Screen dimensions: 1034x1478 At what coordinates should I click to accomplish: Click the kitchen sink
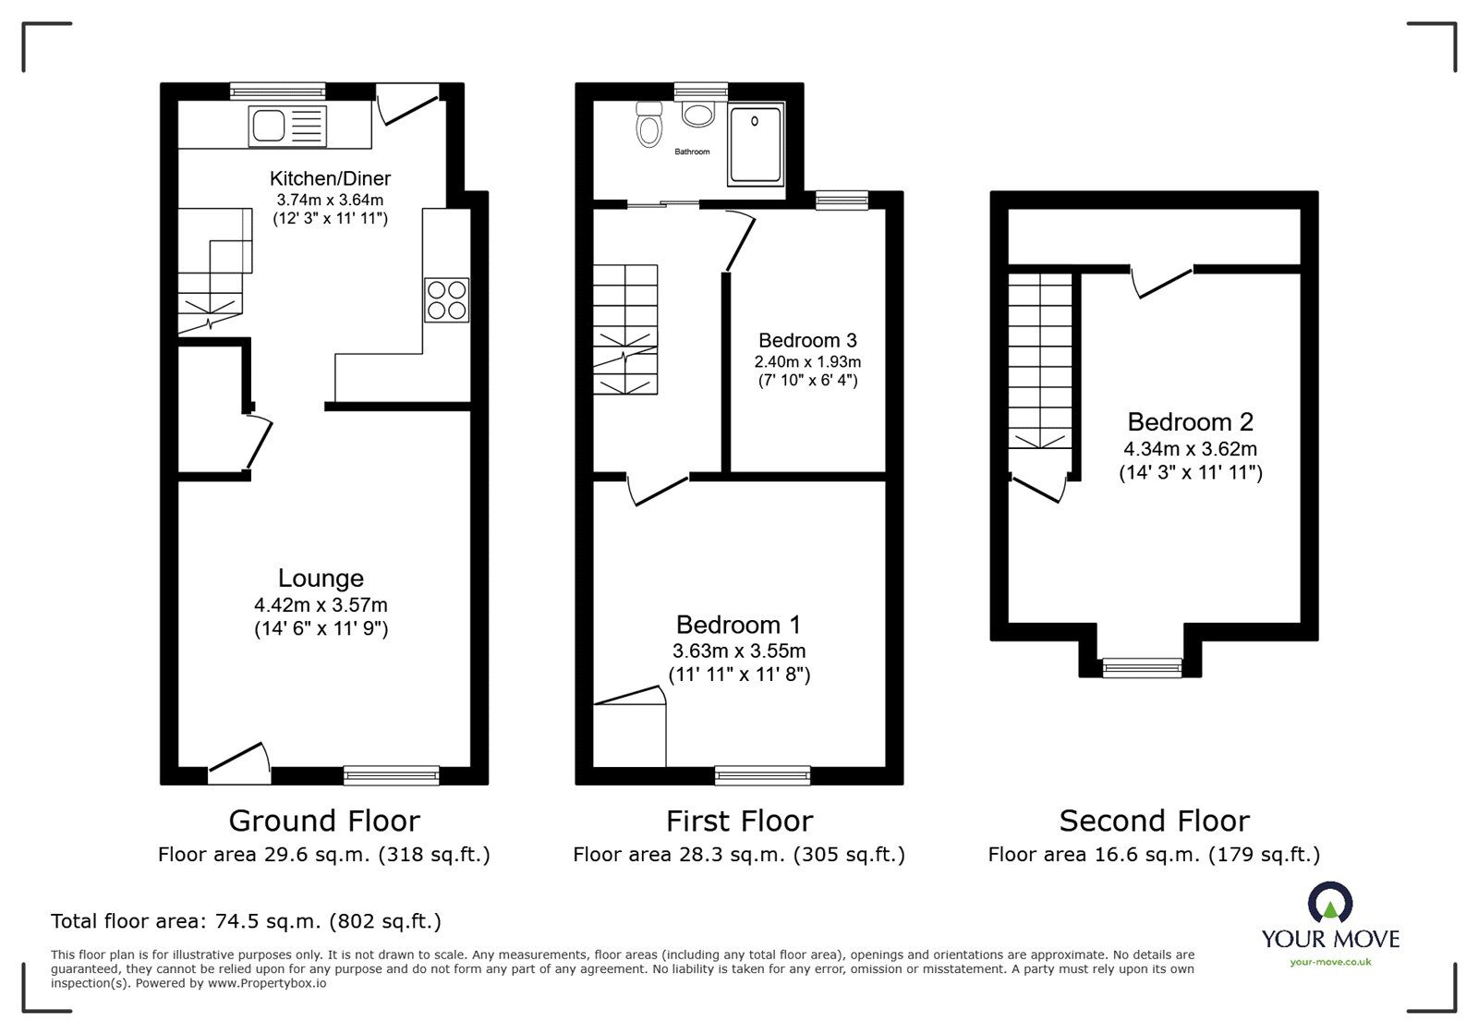pyautogui.click(x=287, y=126)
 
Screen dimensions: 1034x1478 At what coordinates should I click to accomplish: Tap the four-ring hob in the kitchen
pyautogui.click(x=447, y=299)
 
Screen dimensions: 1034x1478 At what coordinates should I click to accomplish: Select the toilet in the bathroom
pyautogui.click(x=649, y=126)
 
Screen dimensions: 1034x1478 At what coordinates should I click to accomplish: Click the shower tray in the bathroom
pyautogui.click(x=755, y=144)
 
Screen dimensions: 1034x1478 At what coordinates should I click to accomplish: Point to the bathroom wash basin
pyautogui.click(x=698, y=114)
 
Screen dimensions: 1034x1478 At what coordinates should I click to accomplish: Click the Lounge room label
pyautogui.click(x=321, y=578)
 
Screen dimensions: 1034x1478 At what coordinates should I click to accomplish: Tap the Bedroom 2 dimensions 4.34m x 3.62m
pyautogui.click(x=1190, y=449)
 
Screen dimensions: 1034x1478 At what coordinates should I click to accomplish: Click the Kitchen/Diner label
pyautogui.click(x=330, y=178)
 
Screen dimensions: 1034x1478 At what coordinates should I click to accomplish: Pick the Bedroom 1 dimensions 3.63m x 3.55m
pyautogui.click(x=739, y=651)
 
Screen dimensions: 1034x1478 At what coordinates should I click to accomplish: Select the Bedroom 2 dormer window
pyautogui.click(x=1143, y=666)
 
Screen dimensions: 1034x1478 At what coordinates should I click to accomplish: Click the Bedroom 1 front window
pyautogui.click(x=763, y=774)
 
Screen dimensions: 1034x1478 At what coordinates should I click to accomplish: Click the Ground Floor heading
pyautogui.click(x=324, y=821)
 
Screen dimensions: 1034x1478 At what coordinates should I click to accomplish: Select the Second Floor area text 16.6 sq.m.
pyautogui.click(x=1154, y=855)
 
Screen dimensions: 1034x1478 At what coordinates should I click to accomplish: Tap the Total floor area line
pyautogui.click(x=246, y=921)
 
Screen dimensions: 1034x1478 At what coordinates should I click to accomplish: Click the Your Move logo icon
pyautogui.click(x=1330, y=903)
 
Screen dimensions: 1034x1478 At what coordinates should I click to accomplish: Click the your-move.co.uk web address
pyautogui.click(x=1330, y=962)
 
